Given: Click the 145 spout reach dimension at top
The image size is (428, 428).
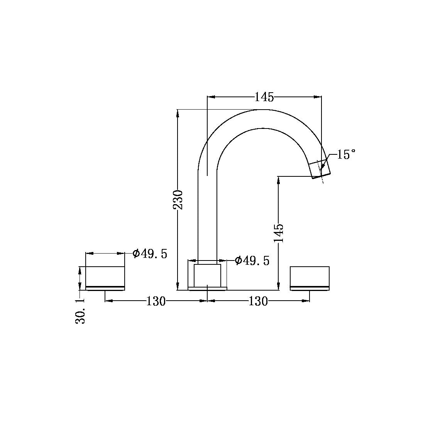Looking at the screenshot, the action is tap(264, 97).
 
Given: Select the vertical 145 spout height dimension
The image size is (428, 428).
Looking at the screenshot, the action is tap(279, 233).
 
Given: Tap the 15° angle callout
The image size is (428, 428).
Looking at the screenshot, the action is tap(347, 154).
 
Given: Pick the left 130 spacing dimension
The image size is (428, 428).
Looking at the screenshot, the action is tap(156, 301).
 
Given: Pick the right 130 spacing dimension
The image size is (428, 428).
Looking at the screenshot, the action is tap(258, 301).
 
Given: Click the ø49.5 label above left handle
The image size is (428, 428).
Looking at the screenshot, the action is tap(150, 254).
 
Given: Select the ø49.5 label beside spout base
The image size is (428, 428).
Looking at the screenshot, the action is tap(252, 261).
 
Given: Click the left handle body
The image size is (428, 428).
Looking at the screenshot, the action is tap(105, 276).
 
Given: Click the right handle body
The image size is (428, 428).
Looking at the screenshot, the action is tap(310, 276).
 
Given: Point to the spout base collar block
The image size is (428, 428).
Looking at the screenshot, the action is tap(208, 276).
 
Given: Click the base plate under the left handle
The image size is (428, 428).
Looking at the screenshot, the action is tap(105, 288).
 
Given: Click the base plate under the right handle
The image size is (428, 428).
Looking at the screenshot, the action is tap(310, 288).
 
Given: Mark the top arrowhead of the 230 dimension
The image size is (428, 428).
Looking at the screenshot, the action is tap(178, 113).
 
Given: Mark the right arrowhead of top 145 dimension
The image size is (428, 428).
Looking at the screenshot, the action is tap(318, 97).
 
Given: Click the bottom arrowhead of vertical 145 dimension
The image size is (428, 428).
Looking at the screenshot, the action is tap(278, 286).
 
